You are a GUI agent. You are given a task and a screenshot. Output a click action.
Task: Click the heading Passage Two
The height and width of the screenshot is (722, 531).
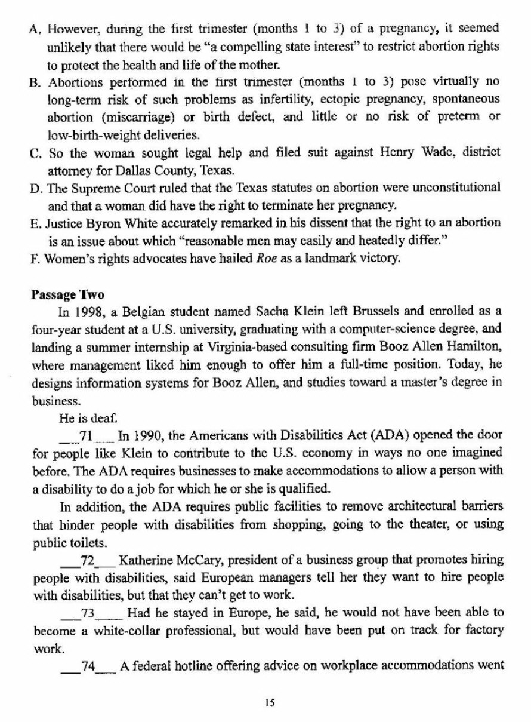pyautogui.click(x=59, y=295)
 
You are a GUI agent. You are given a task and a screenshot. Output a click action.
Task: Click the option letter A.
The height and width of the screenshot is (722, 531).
pyautogui.click(x=35, y=29)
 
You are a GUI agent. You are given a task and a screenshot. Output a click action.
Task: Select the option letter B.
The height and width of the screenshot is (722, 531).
pyautogui.click(x=35, y=82)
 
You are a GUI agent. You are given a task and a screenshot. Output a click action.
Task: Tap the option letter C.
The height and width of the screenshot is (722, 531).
pyautogui.click(x=35, y=154)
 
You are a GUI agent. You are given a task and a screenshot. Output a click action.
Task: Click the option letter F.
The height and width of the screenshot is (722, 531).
pyautogui.click(x=33, y=259)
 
